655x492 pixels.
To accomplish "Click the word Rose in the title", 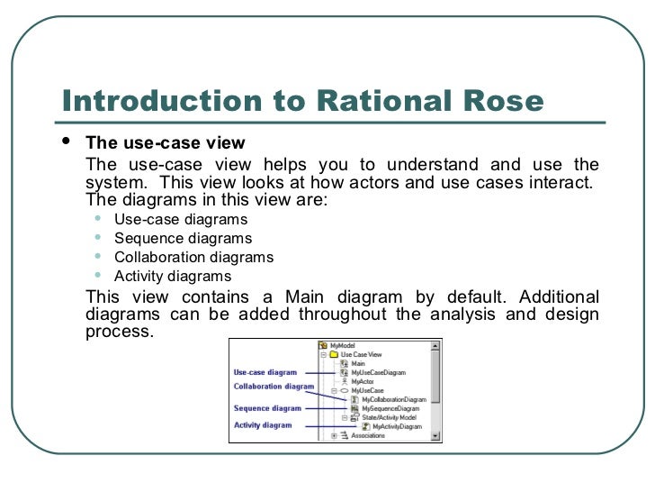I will [x=507, y=103].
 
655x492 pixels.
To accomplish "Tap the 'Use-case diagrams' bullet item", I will [x=180, y=219].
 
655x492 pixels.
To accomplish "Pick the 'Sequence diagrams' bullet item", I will [x=183, y=239].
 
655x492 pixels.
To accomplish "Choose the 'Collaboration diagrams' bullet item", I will [x=193, y=258].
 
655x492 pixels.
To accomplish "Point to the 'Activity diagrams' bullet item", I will [x=173, y=277].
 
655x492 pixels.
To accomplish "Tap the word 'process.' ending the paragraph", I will [x=119, y=331].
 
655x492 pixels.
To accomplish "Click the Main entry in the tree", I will [x=357, y=363].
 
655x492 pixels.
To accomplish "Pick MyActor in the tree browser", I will [x=363, y=381].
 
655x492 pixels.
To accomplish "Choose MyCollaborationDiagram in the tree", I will [x=393, y=399].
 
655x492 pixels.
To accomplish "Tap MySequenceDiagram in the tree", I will [x=390, y=408].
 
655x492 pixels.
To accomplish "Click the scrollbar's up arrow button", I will [x=436, y=346].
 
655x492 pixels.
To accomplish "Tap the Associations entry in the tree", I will [x=367, y=436].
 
